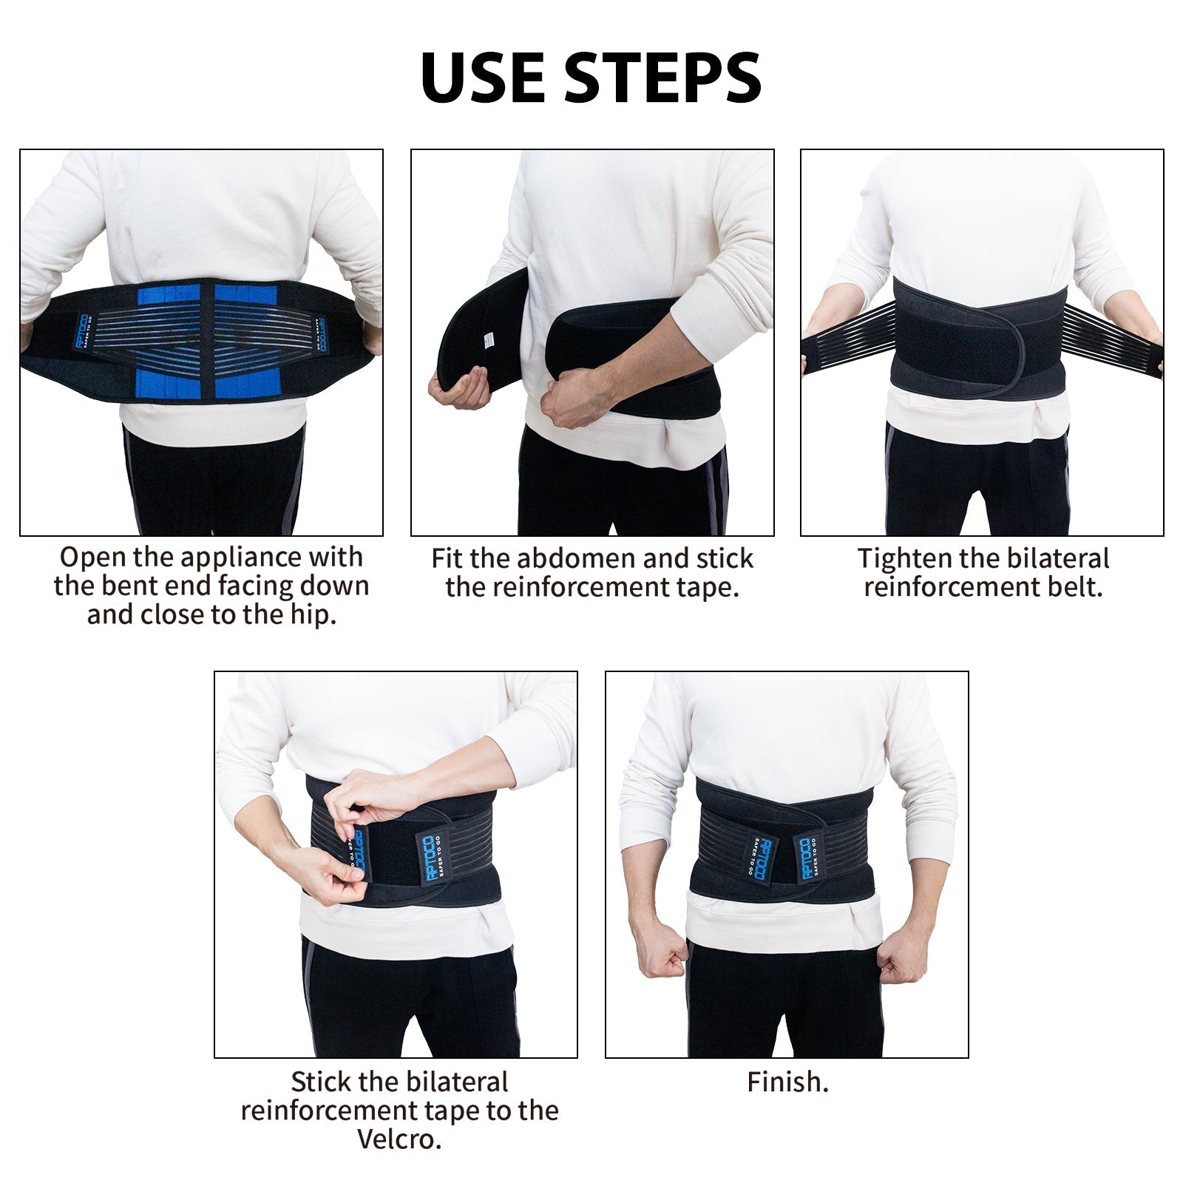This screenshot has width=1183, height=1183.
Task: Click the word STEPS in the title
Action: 663,78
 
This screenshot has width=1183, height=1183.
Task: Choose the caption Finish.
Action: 787,1082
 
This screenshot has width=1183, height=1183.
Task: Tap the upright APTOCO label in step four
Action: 430,858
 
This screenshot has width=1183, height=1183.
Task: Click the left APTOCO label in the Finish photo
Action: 762,858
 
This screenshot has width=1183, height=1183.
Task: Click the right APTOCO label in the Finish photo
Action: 806,858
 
